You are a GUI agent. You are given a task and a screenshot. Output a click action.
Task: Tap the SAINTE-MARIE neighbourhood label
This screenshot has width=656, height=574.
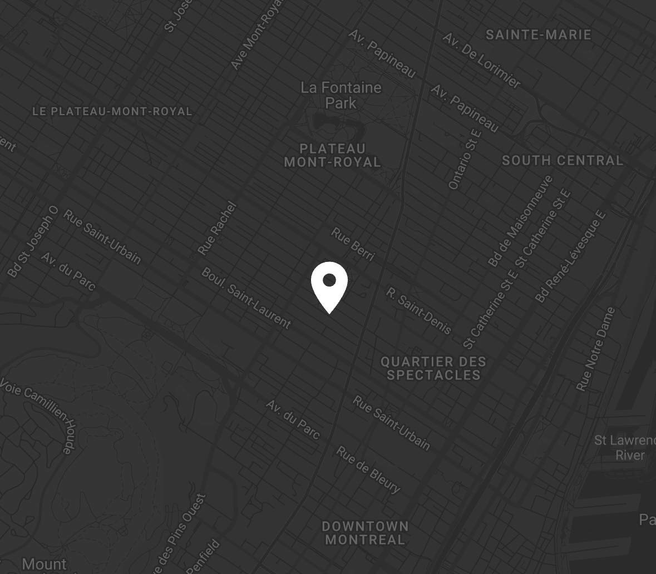(x=538, y=34)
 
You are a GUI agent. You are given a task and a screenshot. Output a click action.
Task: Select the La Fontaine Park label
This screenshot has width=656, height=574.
(x=341, y=95)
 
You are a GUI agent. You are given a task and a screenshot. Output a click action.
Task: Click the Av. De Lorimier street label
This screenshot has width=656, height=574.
(x=482, y=60)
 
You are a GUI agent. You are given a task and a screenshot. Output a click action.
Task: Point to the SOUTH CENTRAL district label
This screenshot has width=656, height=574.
(x=563, y=161)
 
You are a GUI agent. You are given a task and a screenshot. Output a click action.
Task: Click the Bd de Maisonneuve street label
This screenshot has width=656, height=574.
(x=521, y=220)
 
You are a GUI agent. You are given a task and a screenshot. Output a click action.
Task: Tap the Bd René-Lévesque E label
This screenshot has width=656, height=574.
(x=570, y=256)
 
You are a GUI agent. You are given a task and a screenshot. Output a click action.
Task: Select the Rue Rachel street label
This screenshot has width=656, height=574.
(x=218, y=229)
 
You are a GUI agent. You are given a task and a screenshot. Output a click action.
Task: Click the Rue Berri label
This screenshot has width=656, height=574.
(x=353, y=244)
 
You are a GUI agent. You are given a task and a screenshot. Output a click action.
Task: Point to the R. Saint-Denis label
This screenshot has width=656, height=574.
(x=418, y=311)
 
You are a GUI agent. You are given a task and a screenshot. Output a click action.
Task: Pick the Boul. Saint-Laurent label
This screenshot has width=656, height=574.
(x=246, y=298)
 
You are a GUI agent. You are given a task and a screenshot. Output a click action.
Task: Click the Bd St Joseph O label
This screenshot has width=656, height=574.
(x=33, y=241)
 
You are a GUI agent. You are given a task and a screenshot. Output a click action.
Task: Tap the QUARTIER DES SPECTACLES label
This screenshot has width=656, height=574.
(x=433, y=368)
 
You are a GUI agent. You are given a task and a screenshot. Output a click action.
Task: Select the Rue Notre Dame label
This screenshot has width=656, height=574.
(x=596, y=349)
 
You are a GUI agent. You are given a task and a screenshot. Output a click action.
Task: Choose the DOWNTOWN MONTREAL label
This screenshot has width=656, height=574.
(x=365, y=533)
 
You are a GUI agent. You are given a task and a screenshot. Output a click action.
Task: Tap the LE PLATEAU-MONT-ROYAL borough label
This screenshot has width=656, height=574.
(x=112, y=111)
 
